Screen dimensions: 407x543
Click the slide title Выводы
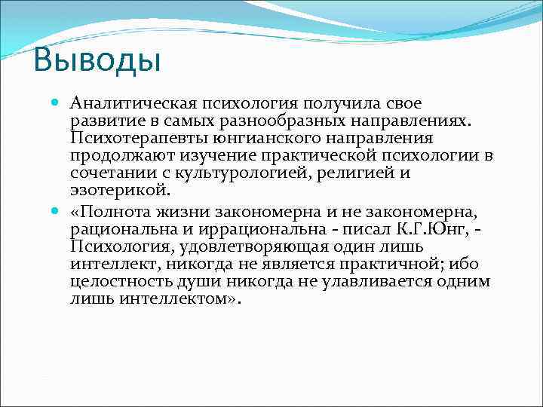point(97,60)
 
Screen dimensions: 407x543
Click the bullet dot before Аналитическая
point(54,103)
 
